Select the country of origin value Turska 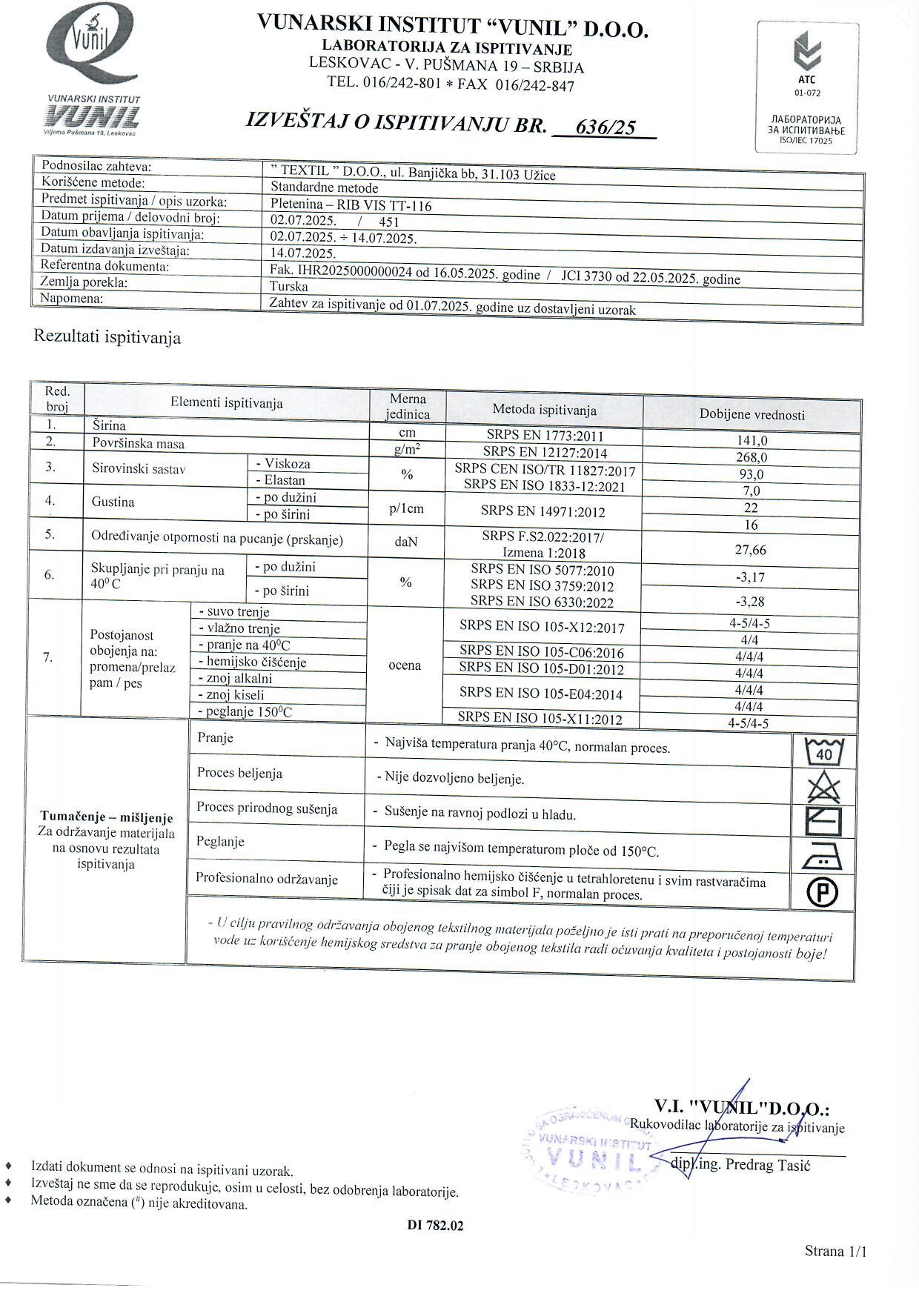coord(289,286)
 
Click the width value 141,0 coord(752,440)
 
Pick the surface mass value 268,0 coord(752,457)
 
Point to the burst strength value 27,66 coord(750,550)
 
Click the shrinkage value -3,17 coord(749,577)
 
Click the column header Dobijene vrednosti coord(752,415)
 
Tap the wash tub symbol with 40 coord(823,752)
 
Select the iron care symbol coord(822,858)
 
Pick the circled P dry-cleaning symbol coord(823,892)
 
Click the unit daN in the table coord(406,542)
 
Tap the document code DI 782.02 coord(435,1226)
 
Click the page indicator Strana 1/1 coord(835,1252)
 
